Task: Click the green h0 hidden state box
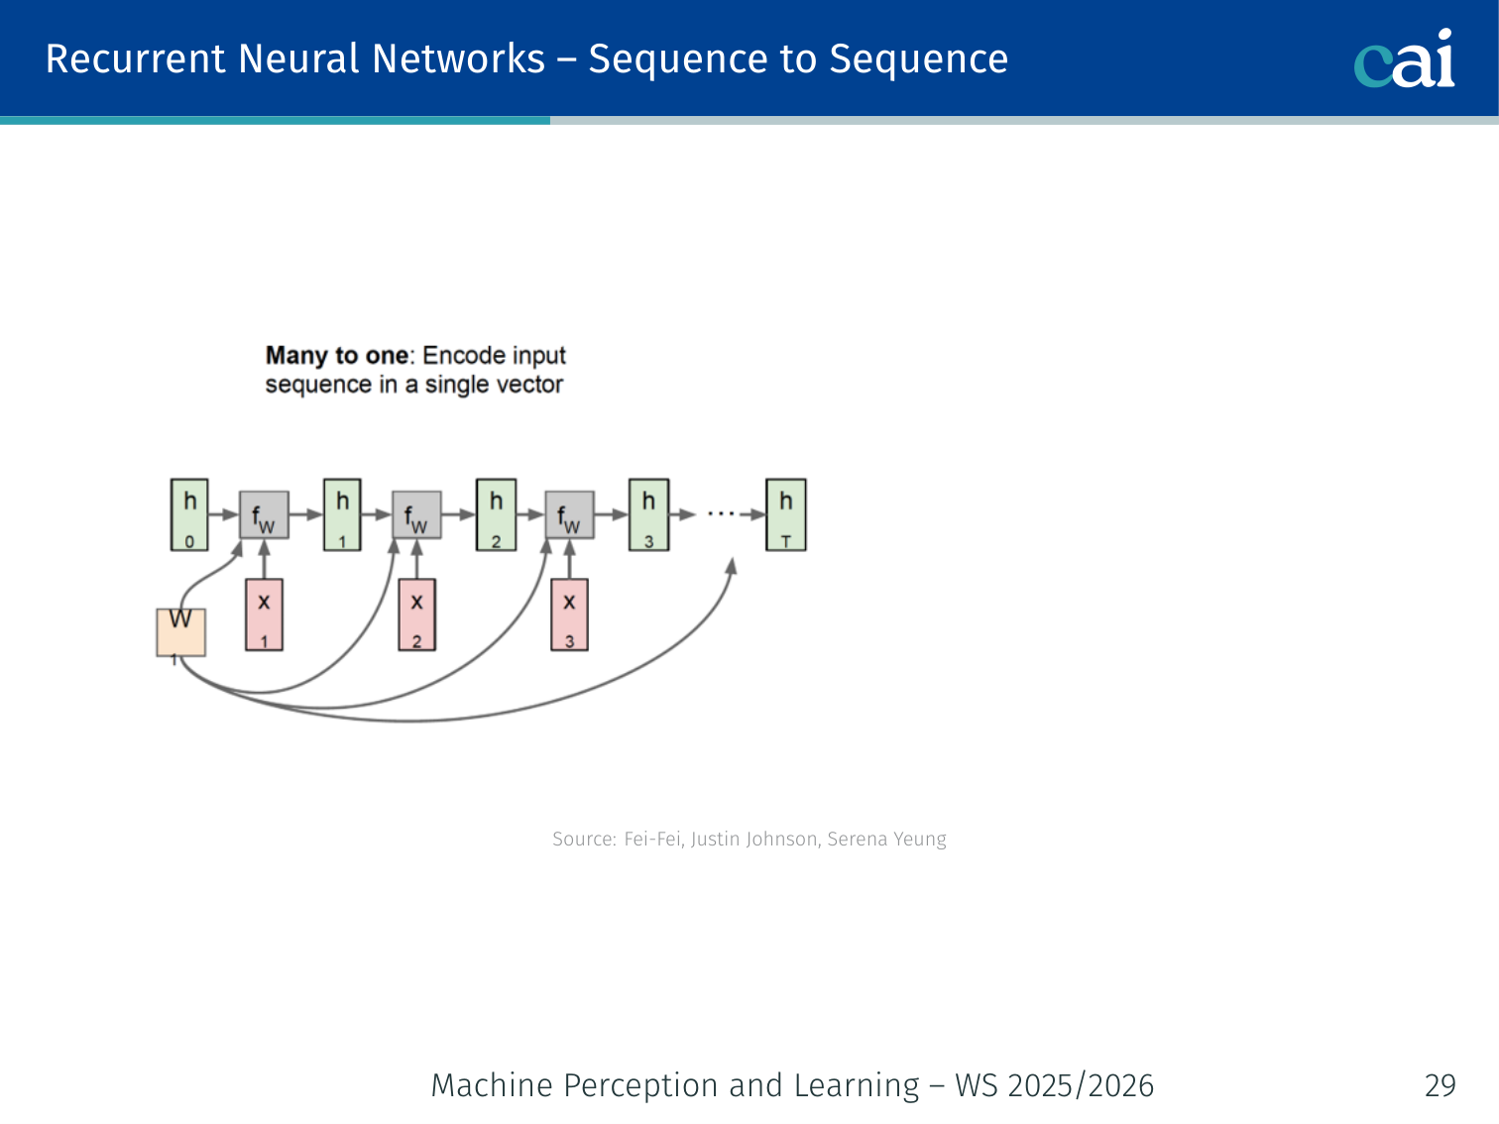189,514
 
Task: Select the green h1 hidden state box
342,514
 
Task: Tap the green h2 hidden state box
496,514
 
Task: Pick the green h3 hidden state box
648,514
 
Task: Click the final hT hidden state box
785,514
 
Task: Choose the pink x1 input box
264,615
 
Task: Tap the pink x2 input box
416,615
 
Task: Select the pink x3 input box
569,615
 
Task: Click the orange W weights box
181,631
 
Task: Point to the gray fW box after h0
264,515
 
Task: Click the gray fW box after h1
416,515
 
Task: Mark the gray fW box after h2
569,515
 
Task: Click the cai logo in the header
1404,59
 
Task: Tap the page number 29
1440,1085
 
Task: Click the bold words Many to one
337,356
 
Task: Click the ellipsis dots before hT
721,514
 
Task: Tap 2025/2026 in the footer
1081,1085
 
